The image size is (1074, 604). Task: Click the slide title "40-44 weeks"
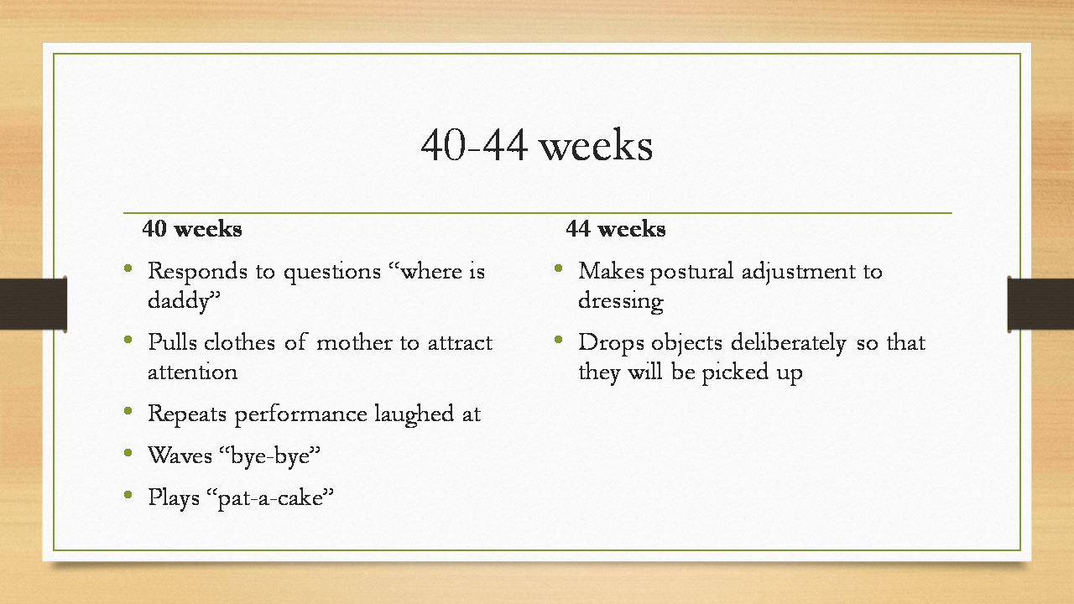(x=536, y=145)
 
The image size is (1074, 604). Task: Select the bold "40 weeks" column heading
(x=192, y=229)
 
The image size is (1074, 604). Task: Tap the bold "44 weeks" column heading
(x=616, y=229)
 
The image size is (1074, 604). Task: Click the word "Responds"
(x=197, y=272)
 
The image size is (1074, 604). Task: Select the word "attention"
(x=193, y=372)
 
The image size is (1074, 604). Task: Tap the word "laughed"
(x=414, y=414)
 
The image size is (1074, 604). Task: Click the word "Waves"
(x=180, y=456)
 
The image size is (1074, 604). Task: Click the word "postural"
(x=692, y=272)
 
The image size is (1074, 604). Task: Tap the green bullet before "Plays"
(x=128, y=495)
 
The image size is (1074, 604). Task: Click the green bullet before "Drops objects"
(x=559, y=340)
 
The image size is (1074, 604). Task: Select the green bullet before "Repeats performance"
(x=128, y=411)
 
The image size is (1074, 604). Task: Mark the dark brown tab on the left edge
(x=34, y=304)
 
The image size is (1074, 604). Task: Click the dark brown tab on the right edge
(x=1040, y=304)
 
